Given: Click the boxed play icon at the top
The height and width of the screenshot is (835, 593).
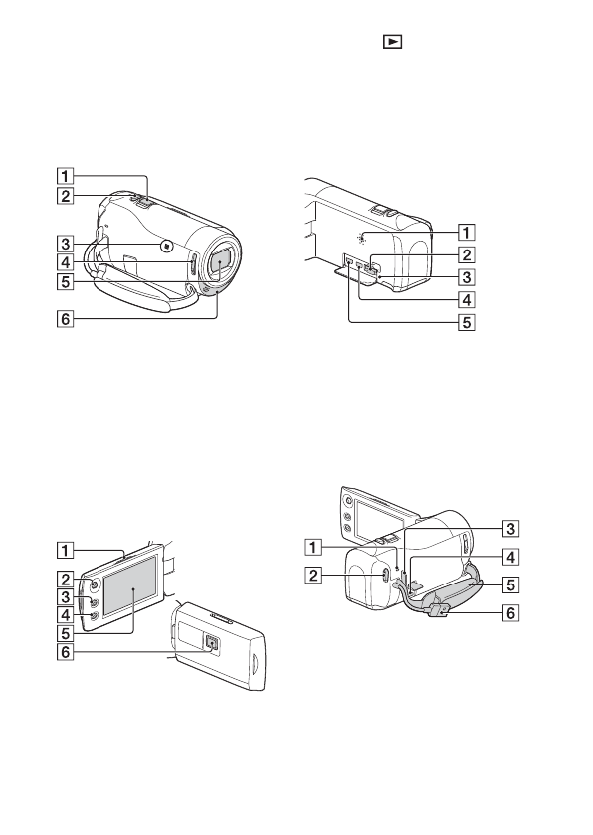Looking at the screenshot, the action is tap(392, 42).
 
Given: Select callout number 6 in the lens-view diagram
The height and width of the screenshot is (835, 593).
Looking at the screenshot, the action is tap(65, 319).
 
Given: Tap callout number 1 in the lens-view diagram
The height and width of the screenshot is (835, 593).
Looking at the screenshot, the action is tap(65, 176).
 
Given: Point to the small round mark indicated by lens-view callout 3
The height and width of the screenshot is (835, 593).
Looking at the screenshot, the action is tap(167, 246).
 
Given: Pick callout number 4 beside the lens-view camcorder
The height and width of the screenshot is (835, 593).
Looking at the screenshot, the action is tap(65, 262).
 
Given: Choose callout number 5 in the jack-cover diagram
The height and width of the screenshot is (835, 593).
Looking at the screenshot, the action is tap(467, 322).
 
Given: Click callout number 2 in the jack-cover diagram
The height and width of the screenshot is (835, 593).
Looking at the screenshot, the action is tap(467, 254).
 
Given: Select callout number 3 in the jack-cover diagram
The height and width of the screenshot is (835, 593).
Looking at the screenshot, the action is tap(467, 277).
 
